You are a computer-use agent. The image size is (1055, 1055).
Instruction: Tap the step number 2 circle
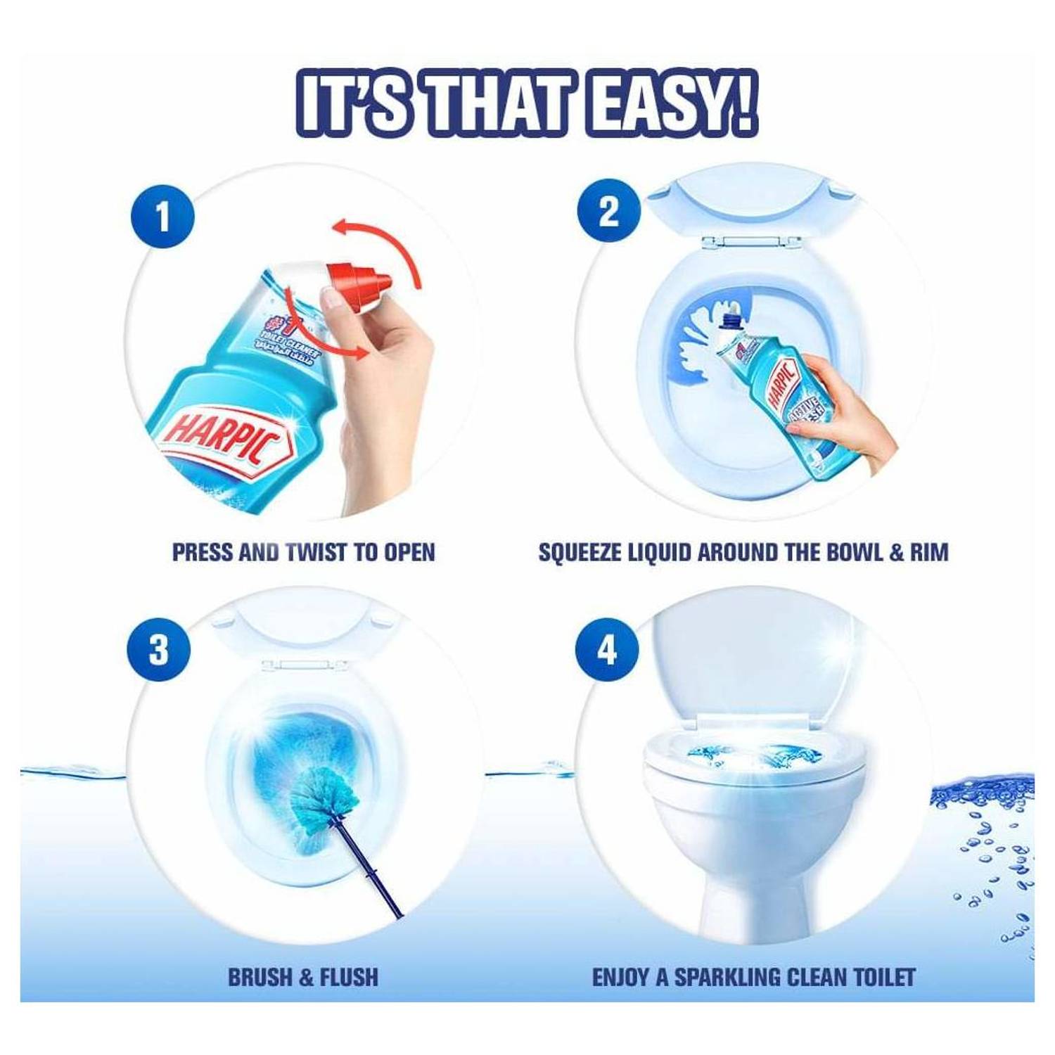click(x=608, y=211)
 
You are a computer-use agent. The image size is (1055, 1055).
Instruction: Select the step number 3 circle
click(x=159, y=649)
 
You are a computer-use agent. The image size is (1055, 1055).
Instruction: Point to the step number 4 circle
click(x=606, y=649)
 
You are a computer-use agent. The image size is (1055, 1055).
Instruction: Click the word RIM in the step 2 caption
click(x=929, y=552)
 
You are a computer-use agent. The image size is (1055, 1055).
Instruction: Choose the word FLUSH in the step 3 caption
click(x=349, y=977)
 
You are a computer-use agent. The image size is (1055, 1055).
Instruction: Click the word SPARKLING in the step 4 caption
click(x=727, y=977)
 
